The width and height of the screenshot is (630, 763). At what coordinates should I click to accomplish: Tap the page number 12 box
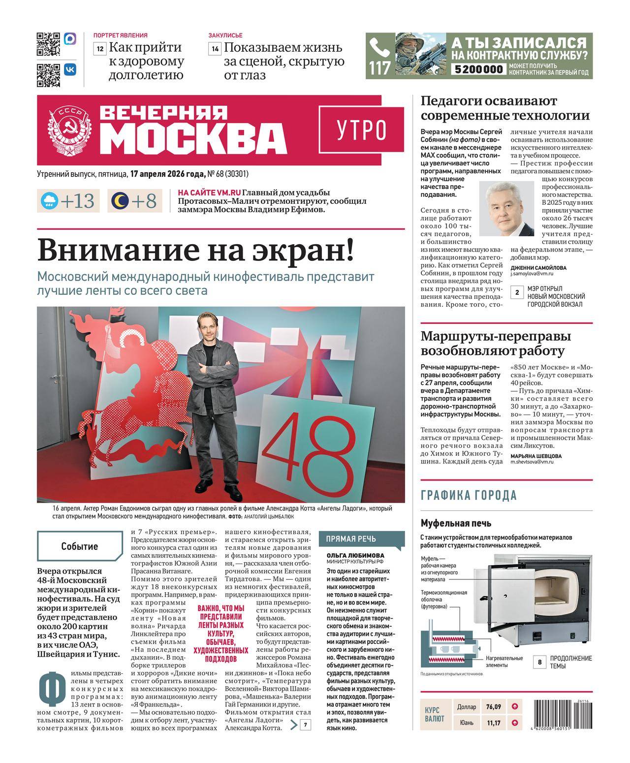pos(100,49)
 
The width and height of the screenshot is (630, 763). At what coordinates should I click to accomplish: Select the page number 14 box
pos(215,49)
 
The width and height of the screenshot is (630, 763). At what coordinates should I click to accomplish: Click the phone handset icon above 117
pos(379,48)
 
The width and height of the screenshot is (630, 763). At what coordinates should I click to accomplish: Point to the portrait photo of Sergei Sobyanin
pos(506,209)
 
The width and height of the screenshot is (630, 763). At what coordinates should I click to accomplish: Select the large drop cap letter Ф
pos(52,692)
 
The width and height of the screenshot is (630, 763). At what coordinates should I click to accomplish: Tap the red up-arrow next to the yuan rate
pos(515,723)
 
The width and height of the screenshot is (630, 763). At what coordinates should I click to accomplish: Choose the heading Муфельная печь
pos(456,523)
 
